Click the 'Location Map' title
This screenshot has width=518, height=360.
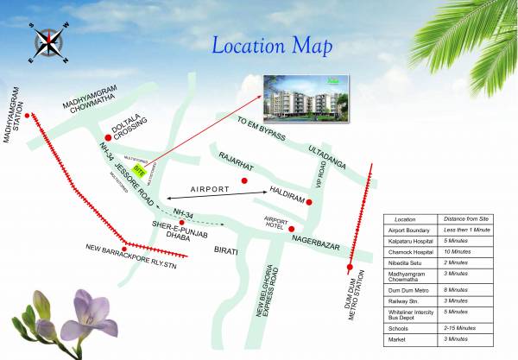(273, 44)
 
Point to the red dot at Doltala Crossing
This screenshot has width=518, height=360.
(108, 137)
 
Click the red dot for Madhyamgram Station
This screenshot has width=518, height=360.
(28, 115)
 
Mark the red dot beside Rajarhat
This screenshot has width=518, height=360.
(245, 180)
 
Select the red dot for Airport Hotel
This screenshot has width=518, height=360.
(292, 229)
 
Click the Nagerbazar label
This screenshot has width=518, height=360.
(322, 241)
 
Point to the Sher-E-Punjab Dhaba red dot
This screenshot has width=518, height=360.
(181, 223)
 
